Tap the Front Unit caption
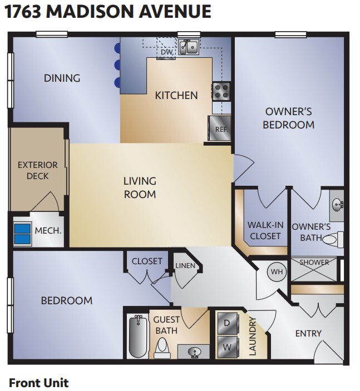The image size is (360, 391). pos(38,382)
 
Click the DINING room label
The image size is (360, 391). pos(62,78)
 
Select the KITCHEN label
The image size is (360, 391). pos(176,95)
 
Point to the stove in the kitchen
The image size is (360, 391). pos(221,90)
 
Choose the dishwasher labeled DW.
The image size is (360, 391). pos(166,51)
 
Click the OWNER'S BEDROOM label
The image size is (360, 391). pos(288,117)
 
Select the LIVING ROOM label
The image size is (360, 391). pos(140,187)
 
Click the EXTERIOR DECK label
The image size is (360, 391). pos(37,170)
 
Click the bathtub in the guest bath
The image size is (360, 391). pos(137,335)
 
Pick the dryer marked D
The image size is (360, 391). pos(227,323)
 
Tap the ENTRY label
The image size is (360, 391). pos(308,333)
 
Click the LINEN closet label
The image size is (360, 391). pos(185,266)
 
